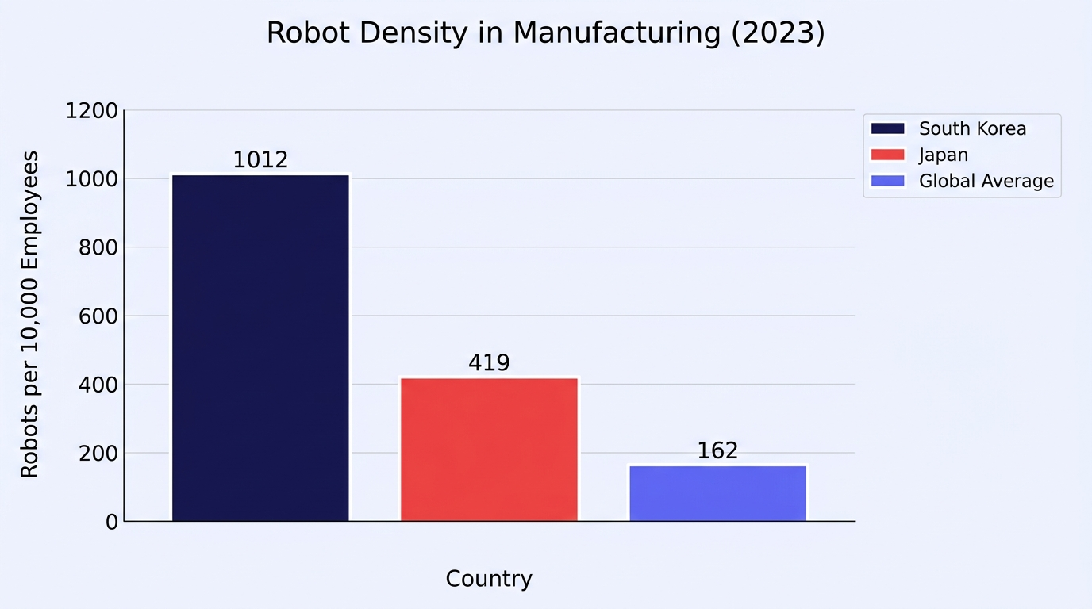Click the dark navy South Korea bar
tap(261, 348)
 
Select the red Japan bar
tap(489, 449)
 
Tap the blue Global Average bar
tap(717, 493)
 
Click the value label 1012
tap(261, 160)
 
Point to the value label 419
tap(489, 362)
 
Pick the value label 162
tap(717, 450)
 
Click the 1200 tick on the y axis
tap(91, 110)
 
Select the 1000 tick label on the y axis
tap(91, 179)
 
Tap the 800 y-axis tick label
tap(98, 247)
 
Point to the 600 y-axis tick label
tap(98, 316)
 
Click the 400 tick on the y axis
tap(98, 385)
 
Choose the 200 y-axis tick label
tap(98, 454)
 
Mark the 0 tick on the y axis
tap(112, 523)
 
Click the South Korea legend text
tap(973, 128)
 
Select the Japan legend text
tap(944, 155)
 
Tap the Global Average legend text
tap(986, 182)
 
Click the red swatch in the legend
tap(888, 155)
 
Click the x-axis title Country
tap(489, 580)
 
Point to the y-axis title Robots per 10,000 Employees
tap(29, 314)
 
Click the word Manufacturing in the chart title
tap(617, 33)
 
